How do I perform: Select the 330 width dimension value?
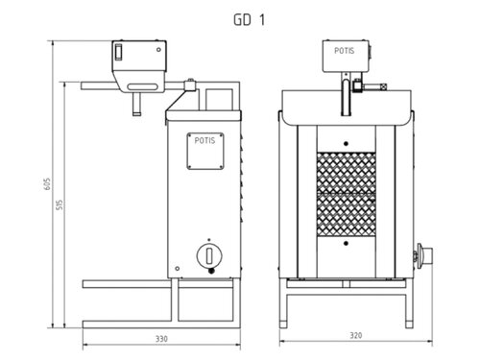[x=161, y=339]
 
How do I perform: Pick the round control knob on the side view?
[x=205, y=255]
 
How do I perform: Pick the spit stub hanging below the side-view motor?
[x=134, y=99]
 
